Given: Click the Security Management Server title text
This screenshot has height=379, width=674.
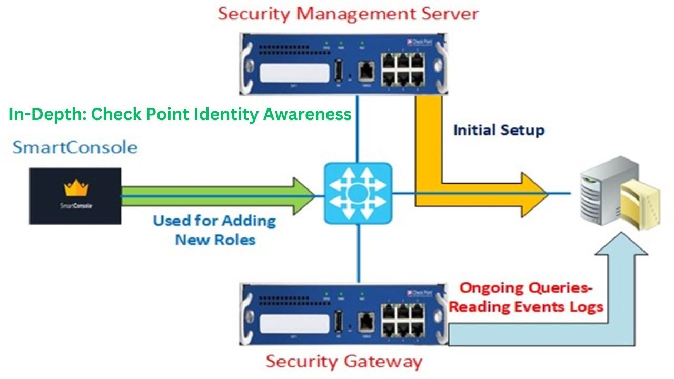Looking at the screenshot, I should click(x=348, y=14).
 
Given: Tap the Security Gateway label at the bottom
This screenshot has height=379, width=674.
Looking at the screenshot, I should click(x=343, y=362).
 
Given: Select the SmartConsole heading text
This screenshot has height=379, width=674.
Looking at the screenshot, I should click(x=75, y=147).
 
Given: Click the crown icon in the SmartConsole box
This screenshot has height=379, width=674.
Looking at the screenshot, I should click(x=76, y=188).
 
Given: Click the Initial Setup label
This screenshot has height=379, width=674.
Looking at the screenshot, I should click(x=499, y=129).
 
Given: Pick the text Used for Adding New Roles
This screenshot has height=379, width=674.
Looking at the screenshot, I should click(x=214, y=230).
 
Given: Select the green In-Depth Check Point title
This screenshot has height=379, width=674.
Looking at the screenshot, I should click(x=180, y=114).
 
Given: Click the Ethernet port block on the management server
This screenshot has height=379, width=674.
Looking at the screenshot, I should click(x=403, y=68).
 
